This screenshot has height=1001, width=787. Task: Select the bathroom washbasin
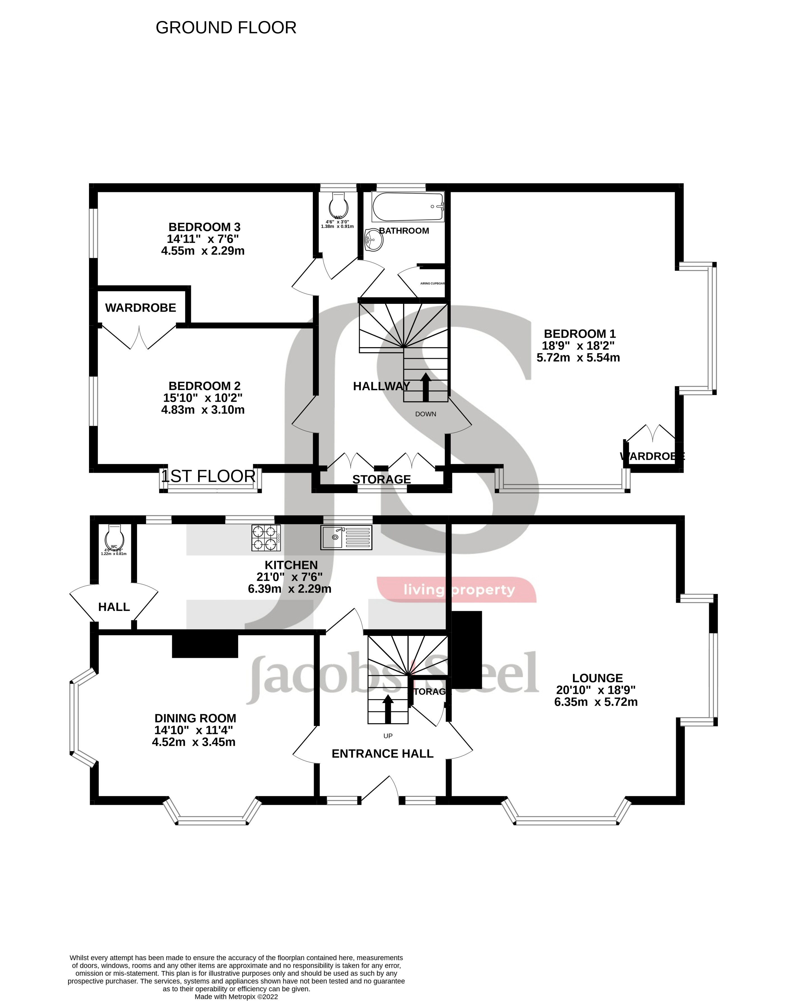374,240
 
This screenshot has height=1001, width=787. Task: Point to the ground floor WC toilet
114,536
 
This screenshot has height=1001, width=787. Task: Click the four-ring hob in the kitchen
266,538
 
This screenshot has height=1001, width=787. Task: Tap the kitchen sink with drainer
346,537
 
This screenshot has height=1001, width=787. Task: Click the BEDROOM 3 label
204,227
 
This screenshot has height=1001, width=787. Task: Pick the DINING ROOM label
195,718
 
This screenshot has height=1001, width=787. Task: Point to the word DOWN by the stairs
425,414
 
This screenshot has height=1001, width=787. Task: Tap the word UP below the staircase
388,736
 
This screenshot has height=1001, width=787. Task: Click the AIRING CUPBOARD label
432,283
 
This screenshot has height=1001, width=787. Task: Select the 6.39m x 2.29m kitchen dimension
289,589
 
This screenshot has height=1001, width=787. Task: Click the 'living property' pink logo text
459,590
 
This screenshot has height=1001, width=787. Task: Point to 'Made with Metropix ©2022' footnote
236,997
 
